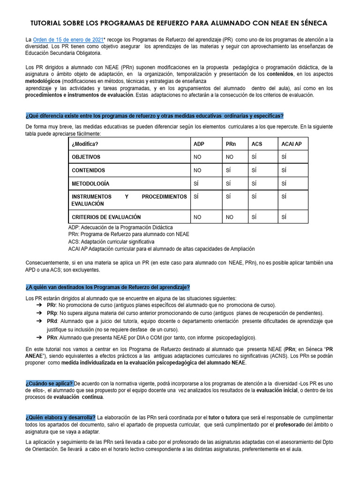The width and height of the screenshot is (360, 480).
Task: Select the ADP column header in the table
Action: (199, 144)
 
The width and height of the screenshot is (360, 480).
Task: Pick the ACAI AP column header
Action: (292, 144)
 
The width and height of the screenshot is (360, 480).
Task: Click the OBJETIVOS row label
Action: (86, 157)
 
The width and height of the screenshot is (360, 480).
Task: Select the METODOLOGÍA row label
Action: (90, 183)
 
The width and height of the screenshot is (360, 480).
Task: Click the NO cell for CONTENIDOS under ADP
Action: (197, 170)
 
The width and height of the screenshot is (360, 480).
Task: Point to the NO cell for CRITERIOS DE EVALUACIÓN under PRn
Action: (229, 217)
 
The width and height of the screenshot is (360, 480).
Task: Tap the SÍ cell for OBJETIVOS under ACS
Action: (254, 157)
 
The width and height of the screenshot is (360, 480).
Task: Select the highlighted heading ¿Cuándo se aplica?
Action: (49, 383)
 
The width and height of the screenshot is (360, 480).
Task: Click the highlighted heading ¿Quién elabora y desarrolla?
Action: (60, 418)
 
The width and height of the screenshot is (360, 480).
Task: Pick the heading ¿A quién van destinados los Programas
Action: (108, 287)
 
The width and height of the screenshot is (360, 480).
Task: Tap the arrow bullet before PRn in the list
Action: (39, 337)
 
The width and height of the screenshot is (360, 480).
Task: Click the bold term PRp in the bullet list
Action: (52, 313)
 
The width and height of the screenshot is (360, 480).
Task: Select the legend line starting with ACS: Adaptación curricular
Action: (111, 241)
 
